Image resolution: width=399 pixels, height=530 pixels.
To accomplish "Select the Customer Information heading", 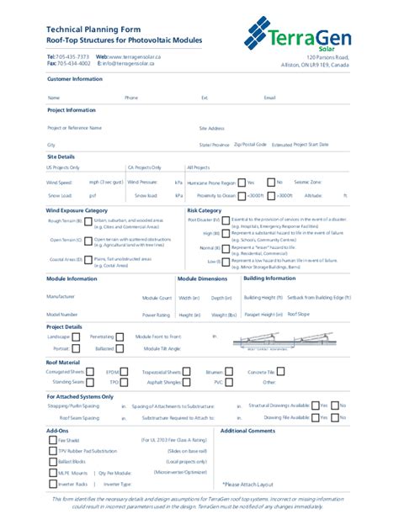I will click(x=74, y=78).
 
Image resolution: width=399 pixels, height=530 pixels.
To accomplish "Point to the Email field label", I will click(x=269, y=98).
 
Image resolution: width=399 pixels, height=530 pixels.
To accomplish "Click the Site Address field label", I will click(x=212, y=128).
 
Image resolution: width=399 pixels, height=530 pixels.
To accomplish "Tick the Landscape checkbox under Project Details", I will click(x=77, y=337).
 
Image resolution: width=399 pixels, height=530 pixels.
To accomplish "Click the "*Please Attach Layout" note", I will click(x=247, y=485).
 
